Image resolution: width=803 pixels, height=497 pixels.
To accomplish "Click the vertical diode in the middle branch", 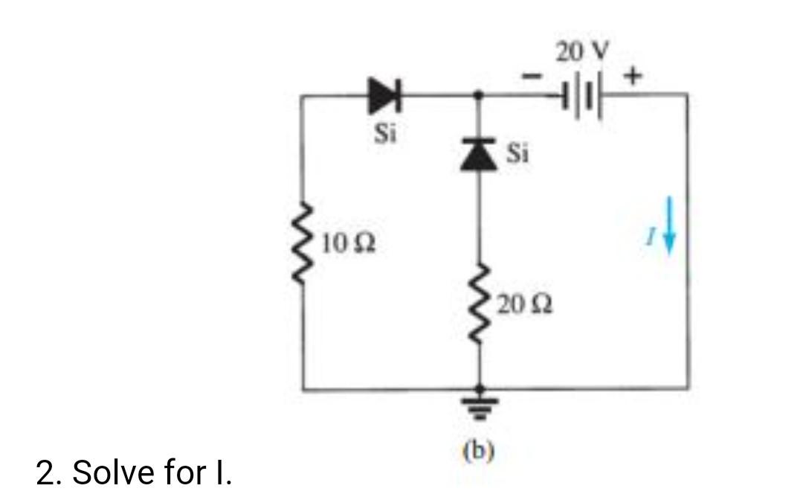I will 479,155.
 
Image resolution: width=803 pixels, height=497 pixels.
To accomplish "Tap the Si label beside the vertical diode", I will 517,154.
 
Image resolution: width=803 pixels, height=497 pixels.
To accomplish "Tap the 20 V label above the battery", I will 581,51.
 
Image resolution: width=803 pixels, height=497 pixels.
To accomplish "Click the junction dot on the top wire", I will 479,95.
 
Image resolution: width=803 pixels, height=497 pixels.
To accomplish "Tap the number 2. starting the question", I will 48,472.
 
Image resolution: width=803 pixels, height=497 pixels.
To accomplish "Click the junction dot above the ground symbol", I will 479,388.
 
